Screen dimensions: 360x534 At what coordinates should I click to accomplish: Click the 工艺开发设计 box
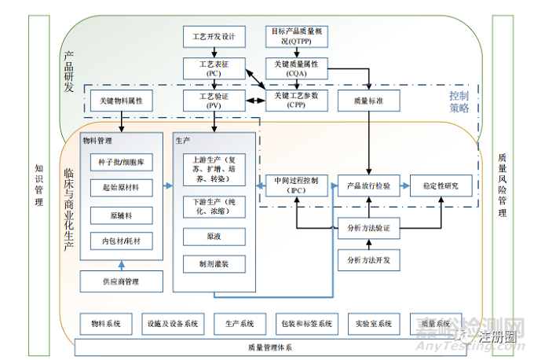[214, 36]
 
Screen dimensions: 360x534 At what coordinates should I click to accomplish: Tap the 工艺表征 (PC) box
[214, 68]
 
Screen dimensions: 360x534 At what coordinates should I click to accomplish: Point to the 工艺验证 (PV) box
[214, 100]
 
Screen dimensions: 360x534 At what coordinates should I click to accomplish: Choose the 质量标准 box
[368, 101]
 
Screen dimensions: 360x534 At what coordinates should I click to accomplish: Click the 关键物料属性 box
[121, 101]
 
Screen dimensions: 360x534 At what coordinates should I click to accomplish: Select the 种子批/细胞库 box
[122, 162]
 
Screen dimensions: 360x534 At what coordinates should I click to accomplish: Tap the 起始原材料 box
[122, 188]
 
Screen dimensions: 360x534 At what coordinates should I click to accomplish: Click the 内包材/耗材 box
[122, 241]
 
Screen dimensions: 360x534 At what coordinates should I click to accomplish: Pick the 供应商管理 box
[122, 280]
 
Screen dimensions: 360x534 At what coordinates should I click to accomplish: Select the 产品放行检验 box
[368, 186]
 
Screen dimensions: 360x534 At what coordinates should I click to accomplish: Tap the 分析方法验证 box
[368, 228]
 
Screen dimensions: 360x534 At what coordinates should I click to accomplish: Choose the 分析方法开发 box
[368, 259]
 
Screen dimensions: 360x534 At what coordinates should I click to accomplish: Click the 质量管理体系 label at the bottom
[268, 347]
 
